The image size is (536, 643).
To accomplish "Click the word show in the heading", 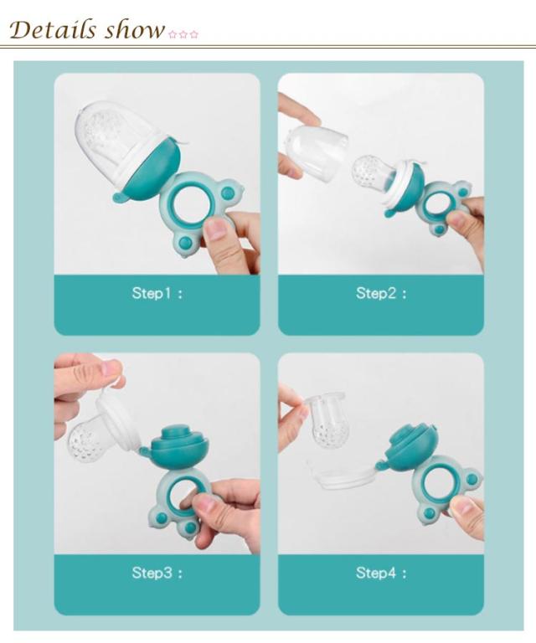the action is click(134, 30).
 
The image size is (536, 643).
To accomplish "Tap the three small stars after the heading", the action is click(183, 34).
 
